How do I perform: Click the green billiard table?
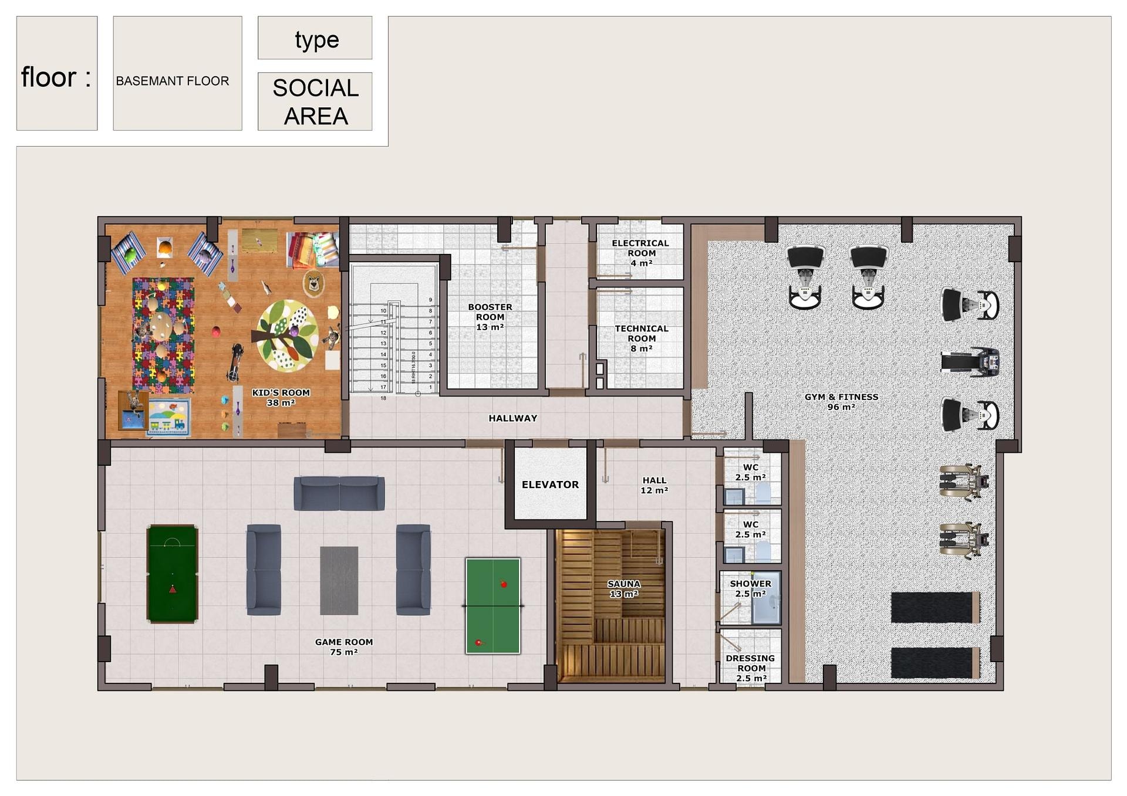[172, 573]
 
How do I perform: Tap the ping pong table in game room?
[493, 605]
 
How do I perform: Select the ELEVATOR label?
[550, 485]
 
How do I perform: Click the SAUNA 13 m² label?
[623, 588]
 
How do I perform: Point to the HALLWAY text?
[513, 418]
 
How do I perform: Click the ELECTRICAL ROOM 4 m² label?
[640, 253]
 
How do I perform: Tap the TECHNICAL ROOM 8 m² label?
[642, 338]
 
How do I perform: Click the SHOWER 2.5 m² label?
[750, 588]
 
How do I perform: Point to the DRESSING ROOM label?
[751, 663]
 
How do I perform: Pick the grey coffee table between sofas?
[339, 581]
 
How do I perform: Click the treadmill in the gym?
[970, 362]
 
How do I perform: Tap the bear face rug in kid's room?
[314, 284]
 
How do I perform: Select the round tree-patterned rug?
[288, 336]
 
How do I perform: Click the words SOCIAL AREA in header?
[316, 102]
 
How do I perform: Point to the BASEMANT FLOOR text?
[173, 81]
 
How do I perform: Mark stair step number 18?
[383, 398]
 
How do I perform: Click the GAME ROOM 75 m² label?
[344, 647]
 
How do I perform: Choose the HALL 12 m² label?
[654, 485]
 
